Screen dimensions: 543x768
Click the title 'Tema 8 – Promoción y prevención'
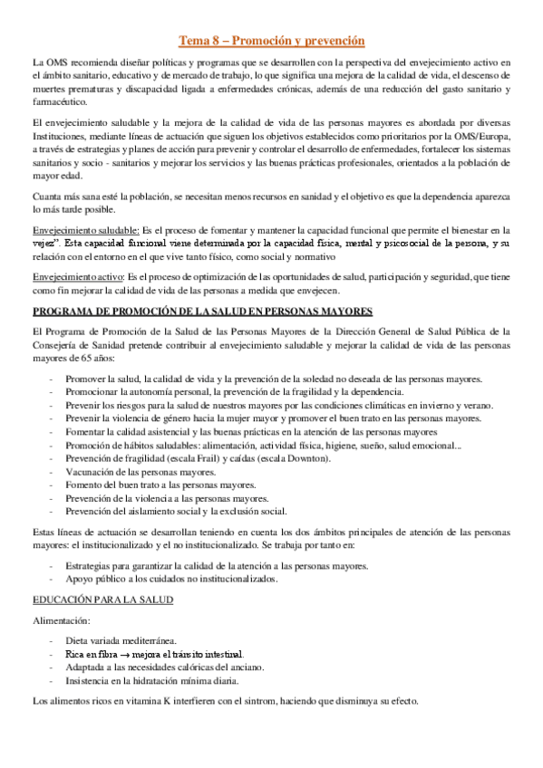click(271, 41)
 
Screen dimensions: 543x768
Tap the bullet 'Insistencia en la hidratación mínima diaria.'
click(152, 679)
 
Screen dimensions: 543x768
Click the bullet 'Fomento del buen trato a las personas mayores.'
click(161, 485)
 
